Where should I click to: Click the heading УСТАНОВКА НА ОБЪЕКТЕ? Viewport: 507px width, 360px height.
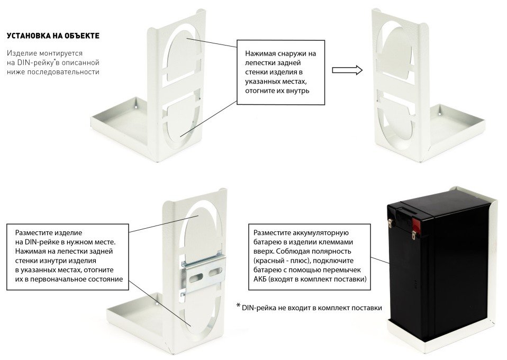pos(53,37)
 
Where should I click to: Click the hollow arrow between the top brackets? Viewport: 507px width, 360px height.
pos(347,70)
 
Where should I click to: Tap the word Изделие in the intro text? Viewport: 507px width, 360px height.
pos(20,54)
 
